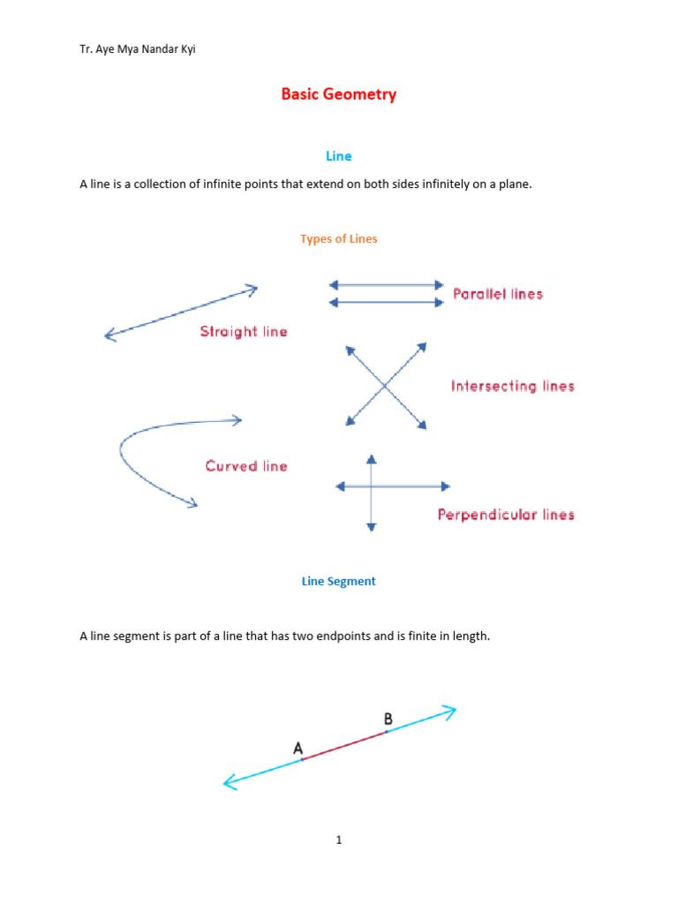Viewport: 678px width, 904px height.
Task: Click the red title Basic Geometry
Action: click(x=339, y=94)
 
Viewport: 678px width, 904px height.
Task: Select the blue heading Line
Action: click(x=339, y=156)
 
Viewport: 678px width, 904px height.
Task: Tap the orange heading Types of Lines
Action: click(x=339, y=239)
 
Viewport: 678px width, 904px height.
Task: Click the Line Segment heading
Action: click(x=339, y=582)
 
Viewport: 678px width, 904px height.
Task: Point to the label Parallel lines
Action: click(x=498, y=294)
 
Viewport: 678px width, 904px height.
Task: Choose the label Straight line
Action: click(x=244, y=332)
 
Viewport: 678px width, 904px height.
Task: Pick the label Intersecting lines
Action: click(x=512, y=386)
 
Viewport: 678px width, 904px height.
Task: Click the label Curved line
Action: click(x=246, y=466)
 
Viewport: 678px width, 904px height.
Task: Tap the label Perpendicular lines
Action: click(x=506, y=515)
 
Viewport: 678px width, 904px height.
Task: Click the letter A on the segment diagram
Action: click(x=298, y=750)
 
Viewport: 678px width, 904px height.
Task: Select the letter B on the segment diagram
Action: click(x=388, y=719)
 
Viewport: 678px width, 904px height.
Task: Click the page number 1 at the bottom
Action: click(x=339, y=840)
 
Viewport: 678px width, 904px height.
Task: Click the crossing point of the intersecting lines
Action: click(x=385, y=386)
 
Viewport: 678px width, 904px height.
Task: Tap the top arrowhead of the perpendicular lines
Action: click(x=372, y=459)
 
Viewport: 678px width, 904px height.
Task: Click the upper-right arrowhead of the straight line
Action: click(x=252, y=288)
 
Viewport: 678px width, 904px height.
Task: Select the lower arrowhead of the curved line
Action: click(x=192, y=504)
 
